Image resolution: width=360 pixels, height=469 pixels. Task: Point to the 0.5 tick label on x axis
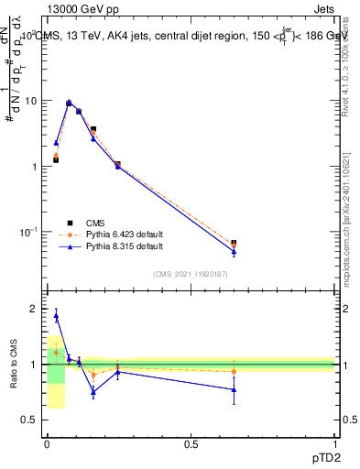[x=191, y=444]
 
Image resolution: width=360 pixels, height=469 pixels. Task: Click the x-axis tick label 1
[x=334, y=444]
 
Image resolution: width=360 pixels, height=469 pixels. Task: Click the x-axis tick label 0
[x=47, y=444]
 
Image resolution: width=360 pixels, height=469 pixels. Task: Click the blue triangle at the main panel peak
[x=69, y=103]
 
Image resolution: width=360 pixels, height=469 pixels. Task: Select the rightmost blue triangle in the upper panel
[x=234, y=252]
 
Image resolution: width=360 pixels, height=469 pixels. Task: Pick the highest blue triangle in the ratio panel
[x=56, y=316]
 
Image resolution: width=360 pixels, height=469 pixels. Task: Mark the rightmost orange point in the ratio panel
[x=234, y=371]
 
